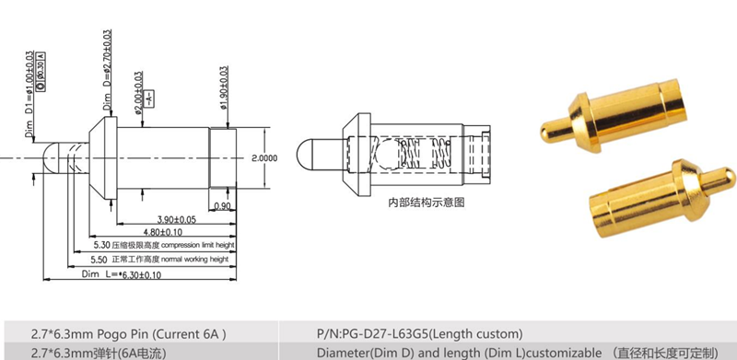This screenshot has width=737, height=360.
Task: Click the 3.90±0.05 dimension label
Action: pos(178,218)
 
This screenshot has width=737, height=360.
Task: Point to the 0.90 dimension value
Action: pos(222,205)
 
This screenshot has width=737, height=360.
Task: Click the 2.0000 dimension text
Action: pos(263,157)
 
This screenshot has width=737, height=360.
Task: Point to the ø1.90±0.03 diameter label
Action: pos(225,88)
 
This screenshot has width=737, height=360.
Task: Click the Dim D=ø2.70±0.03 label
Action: pos(108,69)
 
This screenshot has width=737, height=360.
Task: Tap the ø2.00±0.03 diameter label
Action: pos(138,93)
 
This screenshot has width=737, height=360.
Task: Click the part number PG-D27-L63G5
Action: pos(395,332)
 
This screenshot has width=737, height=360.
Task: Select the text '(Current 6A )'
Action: pos(189,332)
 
